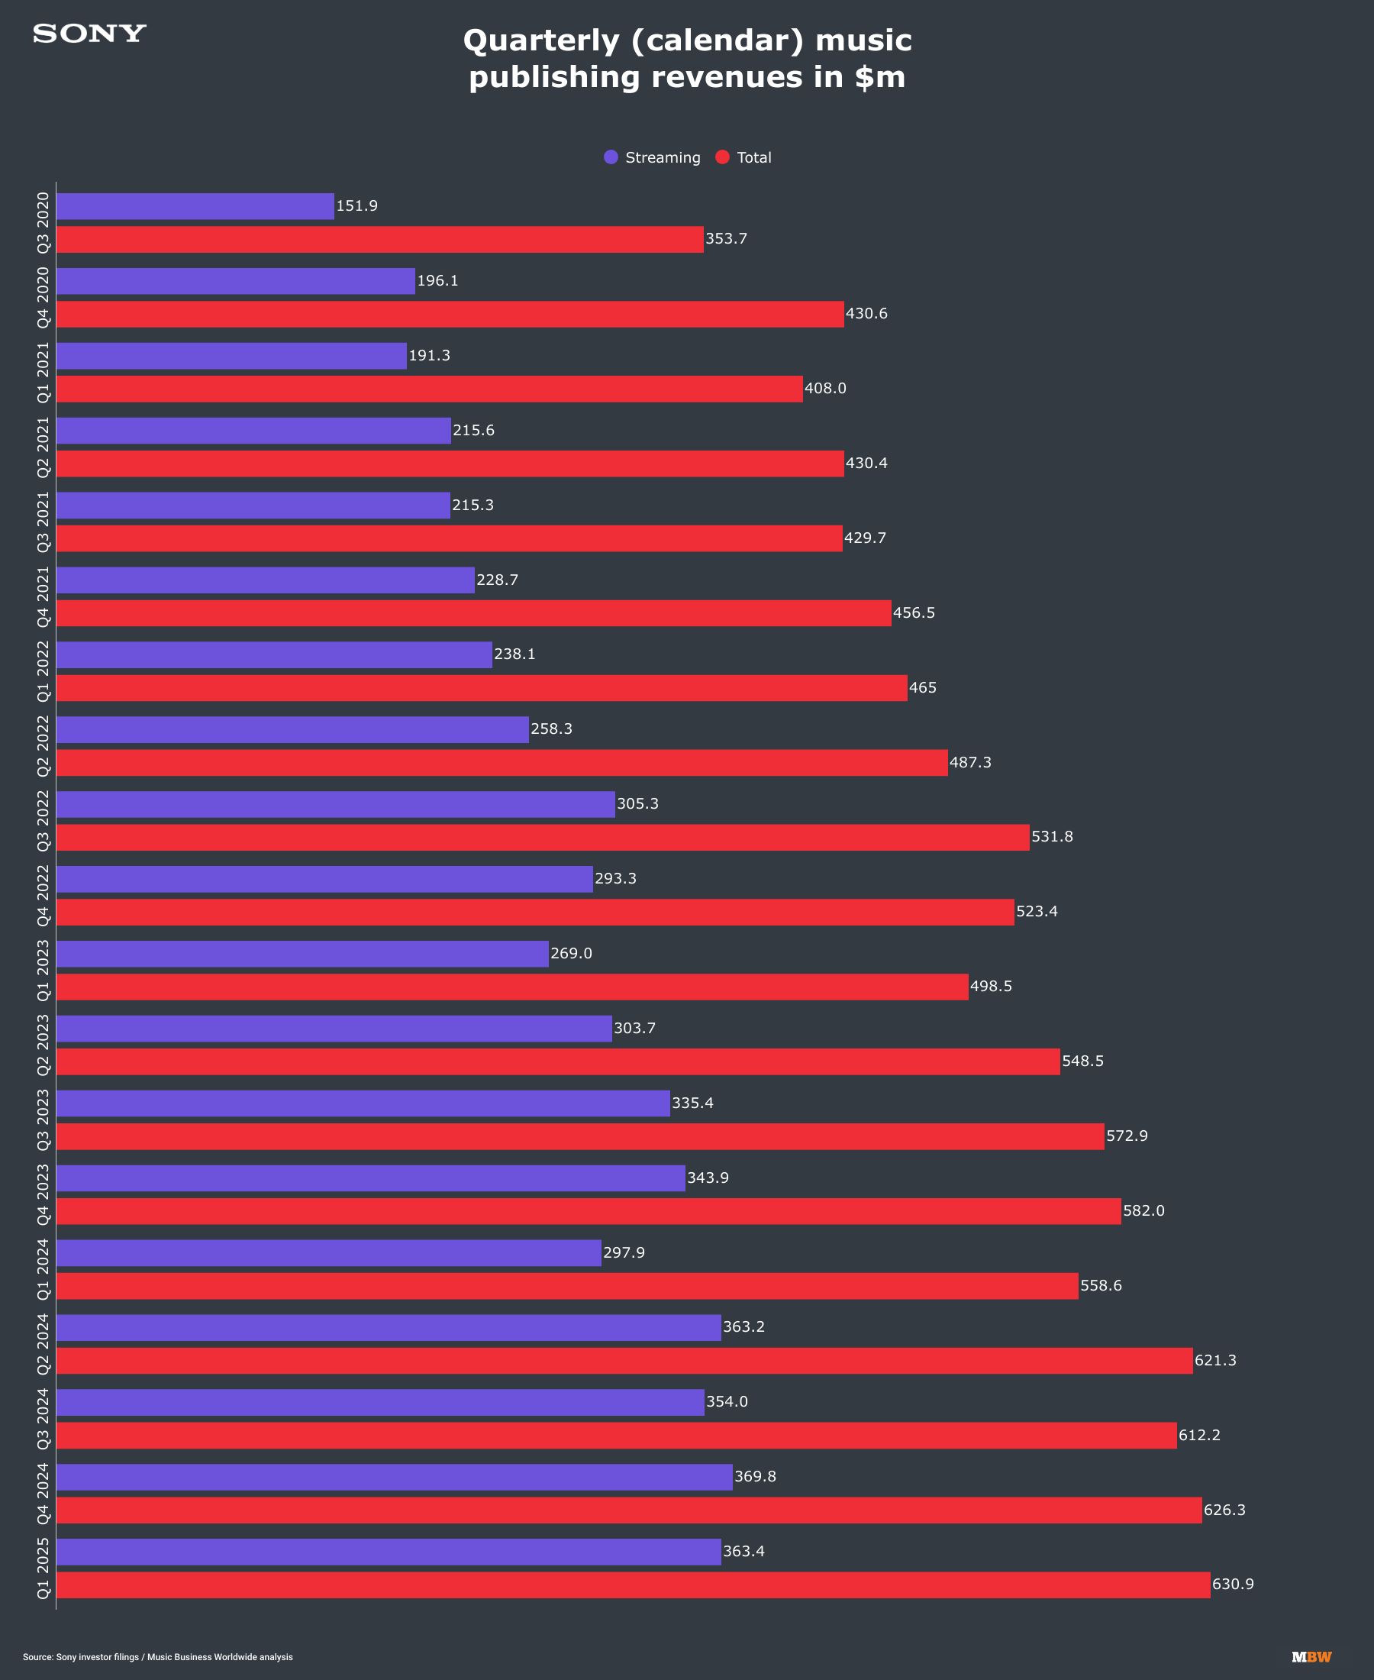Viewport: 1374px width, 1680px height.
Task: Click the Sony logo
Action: click(x=89, y=34)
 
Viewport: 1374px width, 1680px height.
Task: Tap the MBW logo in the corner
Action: click(x=1311, y=1657)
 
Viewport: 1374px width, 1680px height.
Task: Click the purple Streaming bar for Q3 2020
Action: click(x=195, y=206)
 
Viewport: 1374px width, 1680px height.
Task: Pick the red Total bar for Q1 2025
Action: click(x=633, y=1585)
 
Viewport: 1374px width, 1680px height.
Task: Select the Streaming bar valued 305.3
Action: click(x=336, y=804)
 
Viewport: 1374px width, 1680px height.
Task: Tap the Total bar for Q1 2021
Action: click(x=429, y=389)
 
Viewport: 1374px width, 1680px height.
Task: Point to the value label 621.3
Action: click(x=1215, y=1360)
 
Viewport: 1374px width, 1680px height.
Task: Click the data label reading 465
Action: click(x=922, y=688)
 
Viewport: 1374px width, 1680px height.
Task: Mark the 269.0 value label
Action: click(x=571, y=953)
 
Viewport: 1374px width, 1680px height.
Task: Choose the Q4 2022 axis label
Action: click(x=43, y=896)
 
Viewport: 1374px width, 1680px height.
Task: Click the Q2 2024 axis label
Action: click(x=43, y=1343)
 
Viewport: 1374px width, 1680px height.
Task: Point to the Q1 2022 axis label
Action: click(x=43, y=671)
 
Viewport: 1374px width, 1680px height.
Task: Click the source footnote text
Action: click(x=157, y=1657)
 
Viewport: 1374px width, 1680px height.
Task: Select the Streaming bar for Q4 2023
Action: click(x=370, y=1178)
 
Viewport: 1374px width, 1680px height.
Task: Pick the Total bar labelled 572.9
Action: click(x=580, y=1137)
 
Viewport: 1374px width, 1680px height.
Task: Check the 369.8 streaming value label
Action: click(x=755, y=1477)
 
